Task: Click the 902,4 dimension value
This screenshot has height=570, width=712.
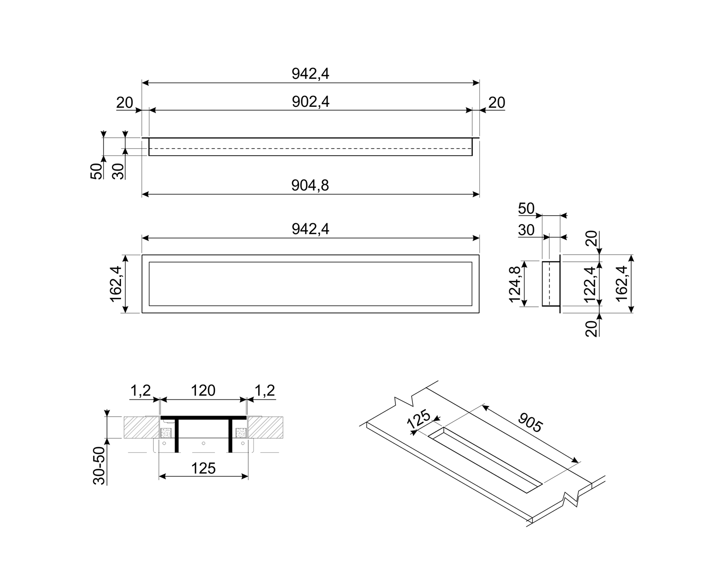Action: pyautogui.click(x=310, y=102)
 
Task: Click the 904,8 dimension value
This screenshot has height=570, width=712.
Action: pyautogui.click(x=310, y=185)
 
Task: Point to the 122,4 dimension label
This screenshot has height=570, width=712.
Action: pyautogui.click(x=590, y=284)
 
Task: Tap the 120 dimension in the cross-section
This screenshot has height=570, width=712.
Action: pyautogui.click(x=204, y=390)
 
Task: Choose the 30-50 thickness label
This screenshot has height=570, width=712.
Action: pyautogui.click(x=99, y=465)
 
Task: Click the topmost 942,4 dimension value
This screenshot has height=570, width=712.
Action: pyautogui.click(x=310, y=74)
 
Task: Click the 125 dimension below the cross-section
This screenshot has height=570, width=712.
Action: pyautogui.click(x=204, y=468)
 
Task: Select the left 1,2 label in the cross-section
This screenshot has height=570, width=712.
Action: pyautogui.click(x=141, y=390)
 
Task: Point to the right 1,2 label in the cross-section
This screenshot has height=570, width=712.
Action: pyautogui.click(x=265, y=390)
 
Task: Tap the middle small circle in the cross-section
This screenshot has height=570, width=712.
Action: pyautogui.click(x=203, y=443)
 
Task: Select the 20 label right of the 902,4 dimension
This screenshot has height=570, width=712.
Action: pyautogui.click(x=497, y=103)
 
